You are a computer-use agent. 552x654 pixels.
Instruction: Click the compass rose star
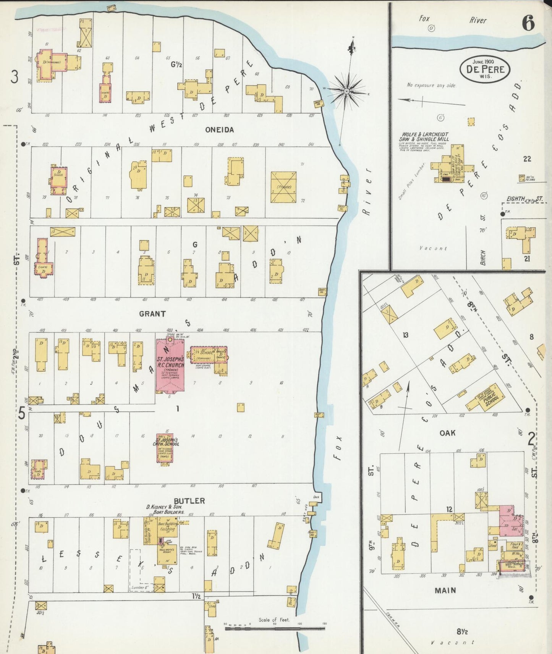(346, 91)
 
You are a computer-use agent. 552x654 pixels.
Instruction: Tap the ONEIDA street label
(219, 130)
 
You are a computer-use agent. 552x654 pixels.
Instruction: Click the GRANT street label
(152, 314)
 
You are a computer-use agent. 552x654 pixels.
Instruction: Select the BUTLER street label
(189, 501)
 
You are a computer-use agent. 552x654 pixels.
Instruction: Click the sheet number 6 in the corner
(528, 24)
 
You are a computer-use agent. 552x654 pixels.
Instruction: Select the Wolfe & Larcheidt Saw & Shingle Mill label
(424, 137)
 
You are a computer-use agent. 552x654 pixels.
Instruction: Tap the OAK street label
(447, 433)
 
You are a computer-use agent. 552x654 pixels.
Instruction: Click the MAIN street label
(445, 590)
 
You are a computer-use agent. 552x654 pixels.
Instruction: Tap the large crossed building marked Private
(283, 187)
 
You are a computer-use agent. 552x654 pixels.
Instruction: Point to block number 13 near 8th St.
(405, 335)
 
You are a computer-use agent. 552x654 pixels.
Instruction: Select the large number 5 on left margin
(22, 413)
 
